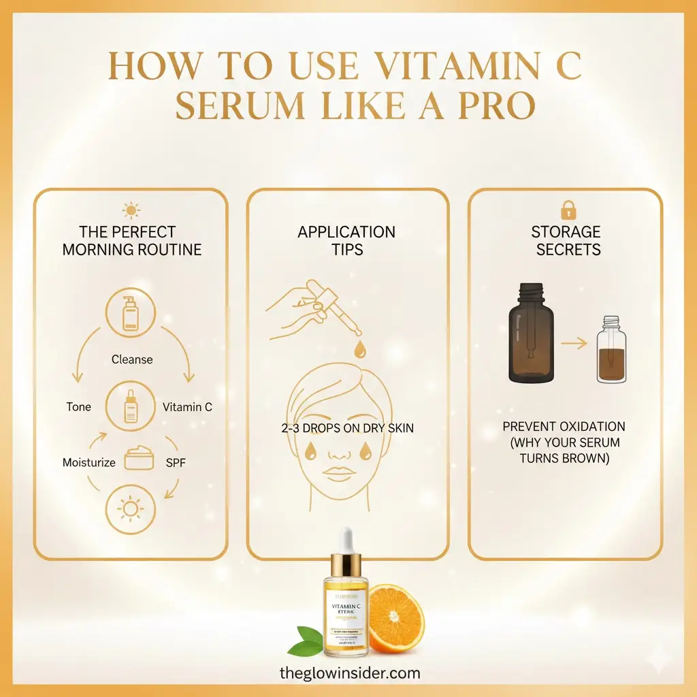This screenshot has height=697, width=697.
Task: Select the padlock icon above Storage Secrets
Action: pos(567,209)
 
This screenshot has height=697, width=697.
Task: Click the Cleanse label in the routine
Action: pos(132,359)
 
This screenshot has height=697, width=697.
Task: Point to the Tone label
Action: pos(78,407)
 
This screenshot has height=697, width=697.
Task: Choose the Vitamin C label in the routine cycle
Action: pos(187,407)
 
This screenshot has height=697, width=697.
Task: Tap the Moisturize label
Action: pos(89,463)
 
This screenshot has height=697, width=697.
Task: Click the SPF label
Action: pos(176,463)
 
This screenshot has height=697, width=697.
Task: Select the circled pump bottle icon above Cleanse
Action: pos(131,315)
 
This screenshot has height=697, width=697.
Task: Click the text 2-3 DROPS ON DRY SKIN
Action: pos(348,428)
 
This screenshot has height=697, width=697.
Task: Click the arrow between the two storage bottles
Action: pos(574,344)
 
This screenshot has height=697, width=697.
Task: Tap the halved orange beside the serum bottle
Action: pos(395,618)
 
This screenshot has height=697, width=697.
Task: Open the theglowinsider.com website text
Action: pos(350,674)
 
